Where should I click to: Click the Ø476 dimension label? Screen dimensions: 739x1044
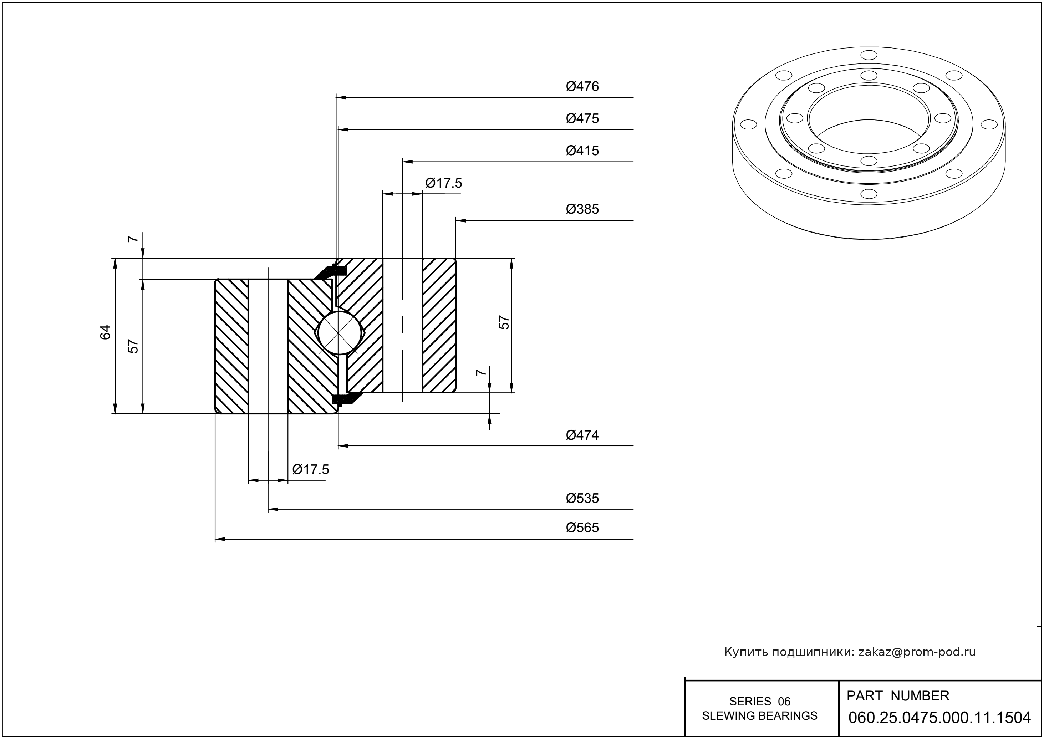tap(582, 86)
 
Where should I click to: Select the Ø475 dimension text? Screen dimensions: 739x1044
tap(582, 118)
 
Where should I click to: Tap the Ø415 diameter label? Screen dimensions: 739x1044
tap(582, 151)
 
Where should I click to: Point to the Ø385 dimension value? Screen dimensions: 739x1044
tap(582, 209)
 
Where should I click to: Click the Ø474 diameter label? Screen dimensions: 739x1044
tap(582, 435)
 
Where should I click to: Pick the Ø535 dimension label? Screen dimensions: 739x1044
tap(582, 498)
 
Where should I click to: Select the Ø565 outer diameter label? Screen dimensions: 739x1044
tap(582, 528)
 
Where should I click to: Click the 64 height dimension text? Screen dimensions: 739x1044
tap(106, 332)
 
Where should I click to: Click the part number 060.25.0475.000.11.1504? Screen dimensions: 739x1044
tap(939, 718)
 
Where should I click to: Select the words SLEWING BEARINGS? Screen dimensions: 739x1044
tap(760, 716)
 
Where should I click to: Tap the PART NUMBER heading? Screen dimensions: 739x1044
tap(897, 696)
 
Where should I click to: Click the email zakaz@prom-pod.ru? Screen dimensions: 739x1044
tap(917, 652)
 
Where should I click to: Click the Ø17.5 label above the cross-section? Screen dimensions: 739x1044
tap(443, 183)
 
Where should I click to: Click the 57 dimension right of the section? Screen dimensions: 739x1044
tap(504, 322)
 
